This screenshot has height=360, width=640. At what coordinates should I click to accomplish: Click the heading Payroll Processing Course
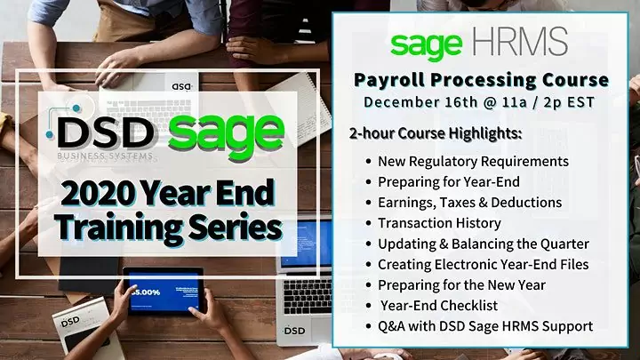click(x=481, y=80)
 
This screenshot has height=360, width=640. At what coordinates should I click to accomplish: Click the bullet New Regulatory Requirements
click(x=473, y=162)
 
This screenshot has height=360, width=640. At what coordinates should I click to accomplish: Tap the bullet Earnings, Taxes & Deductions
click(x=469, y=203)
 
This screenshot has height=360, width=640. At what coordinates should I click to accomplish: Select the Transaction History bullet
click(x=439, y=223)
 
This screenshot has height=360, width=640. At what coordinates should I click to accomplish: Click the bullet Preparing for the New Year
click(x=460, y=284)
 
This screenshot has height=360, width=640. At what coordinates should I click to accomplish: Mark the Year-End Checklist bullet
click(x=437, y=305)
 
